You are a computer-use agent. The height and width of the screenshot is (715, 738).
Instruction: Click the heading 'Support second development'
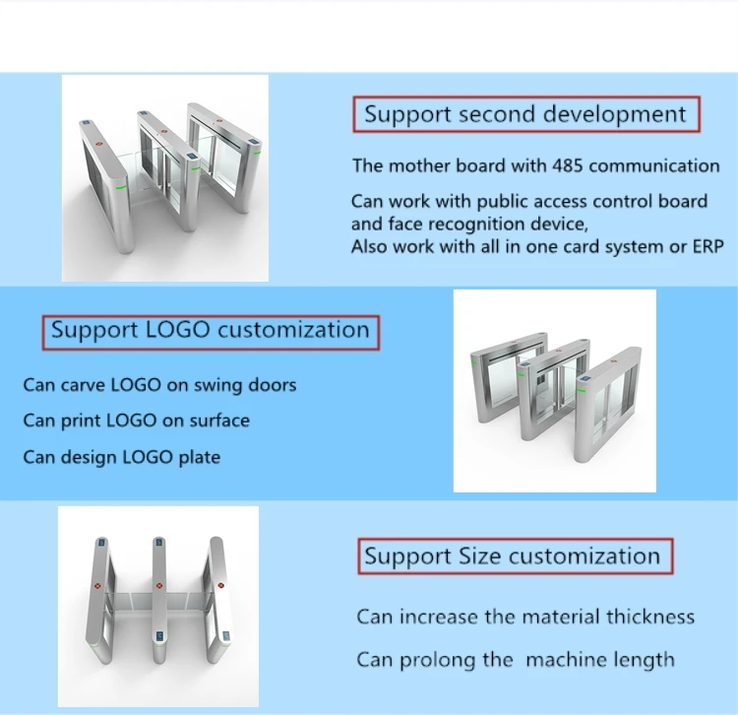coord(525,114)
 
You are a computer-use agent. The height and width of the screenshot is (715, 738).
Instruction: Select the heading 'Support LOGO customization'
coord(211,330)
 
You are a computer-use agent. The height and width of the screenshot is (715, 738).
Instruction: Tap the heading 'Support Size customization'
coord(512,556)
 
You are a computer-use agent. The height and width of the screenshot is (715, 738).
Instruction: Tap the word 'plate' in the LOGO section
coord(198,457)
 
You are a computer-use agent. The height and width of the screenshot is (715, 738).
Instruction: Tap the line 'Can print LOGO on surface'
coord(136,421)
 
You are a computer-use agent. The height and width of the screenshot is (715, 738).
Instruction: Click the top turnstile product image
coord(166,178)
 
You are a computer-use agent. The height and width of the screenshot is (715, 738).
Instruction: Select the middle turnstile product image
coord(554,391)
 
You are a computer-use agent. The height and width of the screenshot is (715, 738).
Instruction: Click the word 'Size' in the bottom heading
coord(480,556)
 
